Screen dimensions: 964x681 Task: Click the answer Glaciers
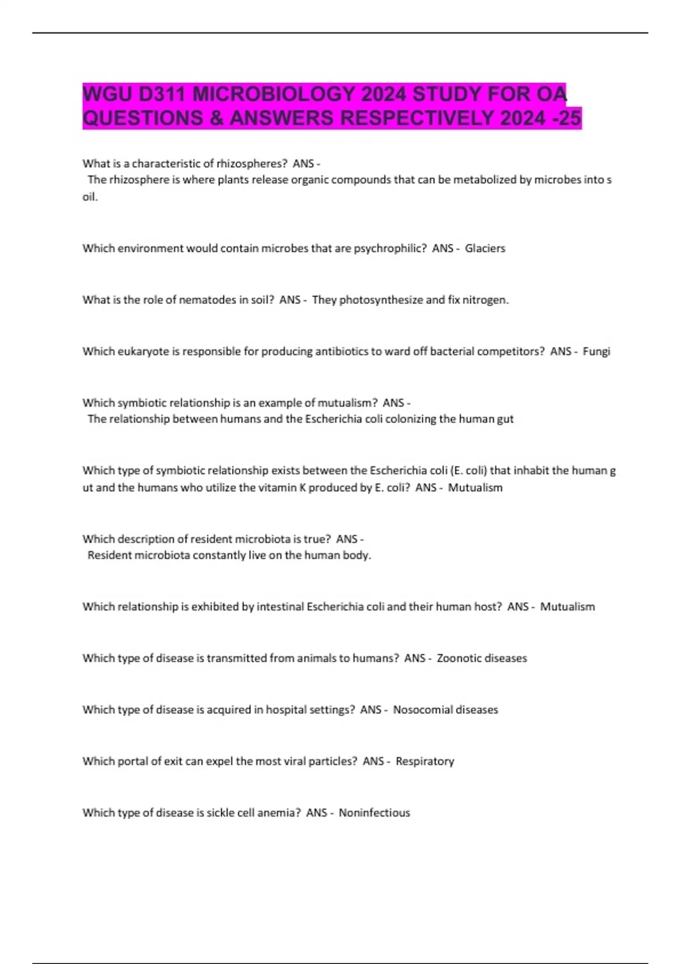pyautogui.click(x=485, y=248)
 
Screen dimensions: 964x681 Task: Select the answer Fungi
pyautogui.click(x=596, y=352)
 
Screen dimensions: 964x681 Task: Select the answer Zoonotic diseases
pyautogui.click(x=481, y=658)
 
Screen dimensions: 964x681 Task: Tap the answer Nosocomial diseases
pyautogui.click(x=445, y=710)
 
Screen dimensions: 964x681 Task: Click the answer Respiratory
pyautogui.click(x=424, y=762)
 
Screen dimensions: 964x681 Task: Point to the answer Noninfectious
pyautogui.click(x=374, y=813)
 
